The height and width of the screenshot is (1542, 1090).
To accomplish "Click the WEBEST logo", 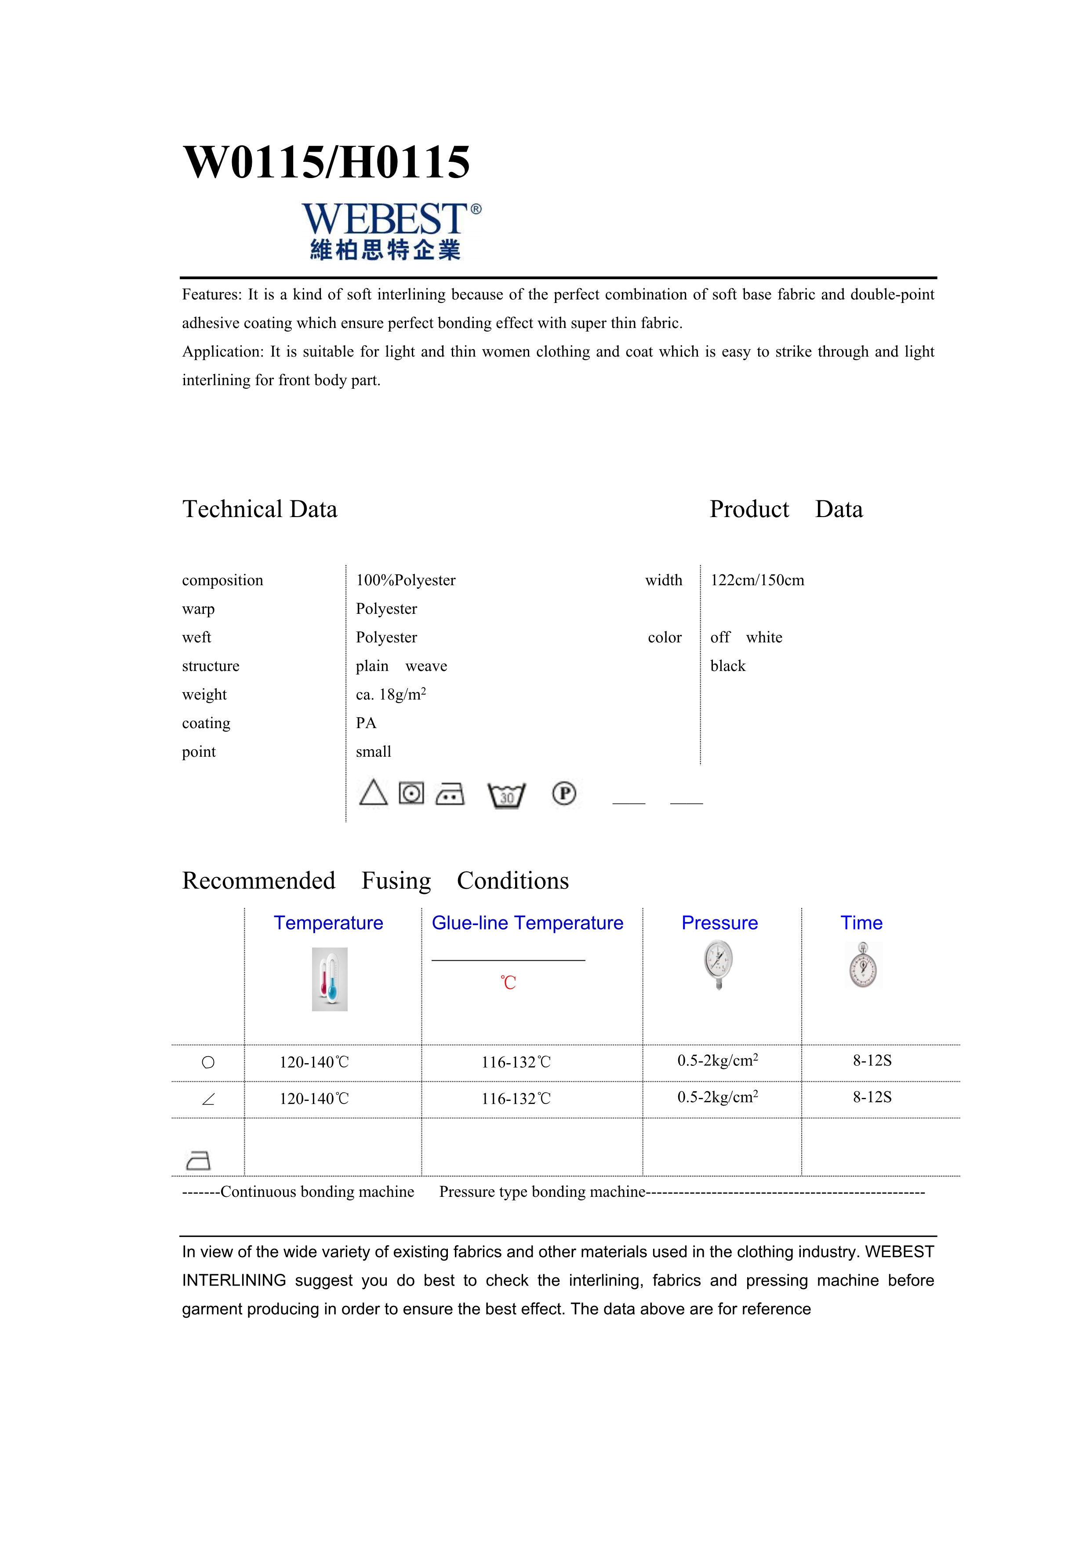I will (391, 230).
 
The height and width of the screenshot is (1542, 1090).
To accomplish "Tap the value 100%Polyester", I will (405, 580).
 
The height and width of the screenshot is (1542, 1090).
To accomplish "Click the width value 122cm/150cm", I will (757, 580).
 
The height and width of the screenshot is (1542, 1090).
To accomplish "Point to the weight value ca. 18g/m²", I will (391, 694).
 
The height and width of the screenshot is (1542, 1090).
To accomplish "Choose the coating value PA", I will (366, 723).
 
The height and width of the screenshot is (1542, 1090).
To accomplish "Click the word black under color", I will (727, 666).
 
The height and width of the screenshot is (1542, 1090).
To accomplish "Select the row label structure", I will (210, 666).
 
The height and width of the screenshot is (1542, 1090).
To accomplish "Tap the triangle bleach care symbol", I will (373, 793).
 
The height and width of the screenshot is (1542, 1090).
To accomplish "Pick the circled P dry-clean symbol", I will (564, 794).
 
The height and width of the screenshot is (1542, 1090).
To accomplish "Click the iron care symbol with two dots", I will (450, 795).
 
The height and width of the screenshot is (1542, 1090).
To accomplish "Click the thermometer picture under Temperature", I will (330, 979).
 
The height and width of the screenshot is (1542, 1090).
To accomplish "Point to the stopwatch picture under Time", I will (862, 966).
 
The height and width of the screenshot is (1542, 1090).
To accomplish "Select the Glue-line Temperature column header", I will (527, 923).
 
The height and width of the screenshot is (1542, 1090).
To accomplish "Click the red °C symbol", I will (508, 983).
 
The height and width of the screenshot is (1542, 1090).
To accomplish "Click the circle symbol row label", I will (208, 1062).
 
